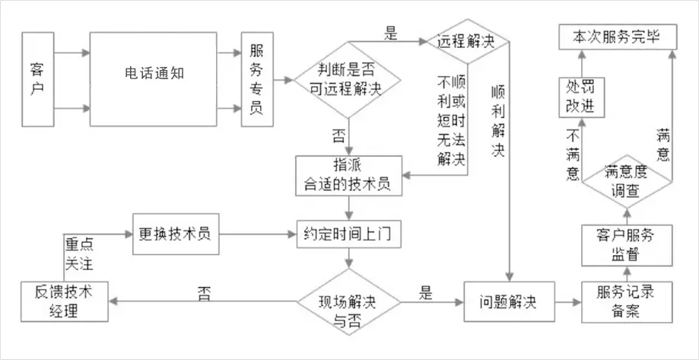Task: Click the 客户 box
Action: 38,79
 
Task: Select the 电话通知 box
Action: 154,79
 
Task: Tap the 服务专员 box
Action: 257,79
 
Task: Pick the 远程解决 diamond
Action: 467,42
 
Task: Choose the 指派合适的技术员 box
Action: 348,176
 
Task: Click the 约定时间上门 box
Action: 348,234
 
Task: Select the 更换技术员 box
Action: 176,234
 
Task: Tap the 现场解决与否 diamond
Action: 348,302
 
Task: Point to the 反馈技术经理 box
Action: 65,301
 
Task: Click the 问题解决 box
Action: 509,301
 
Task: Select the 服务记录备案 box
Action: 627,302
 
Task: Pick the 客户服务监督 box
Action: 627,245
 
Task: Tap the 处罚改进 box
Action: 581,97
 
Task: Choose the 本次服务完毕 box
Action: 618,37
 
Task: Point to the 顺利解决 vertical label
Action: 498,121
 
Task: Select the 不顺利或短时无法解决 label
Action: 451,121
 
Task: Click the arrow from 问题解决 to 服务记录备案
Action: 568,302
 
